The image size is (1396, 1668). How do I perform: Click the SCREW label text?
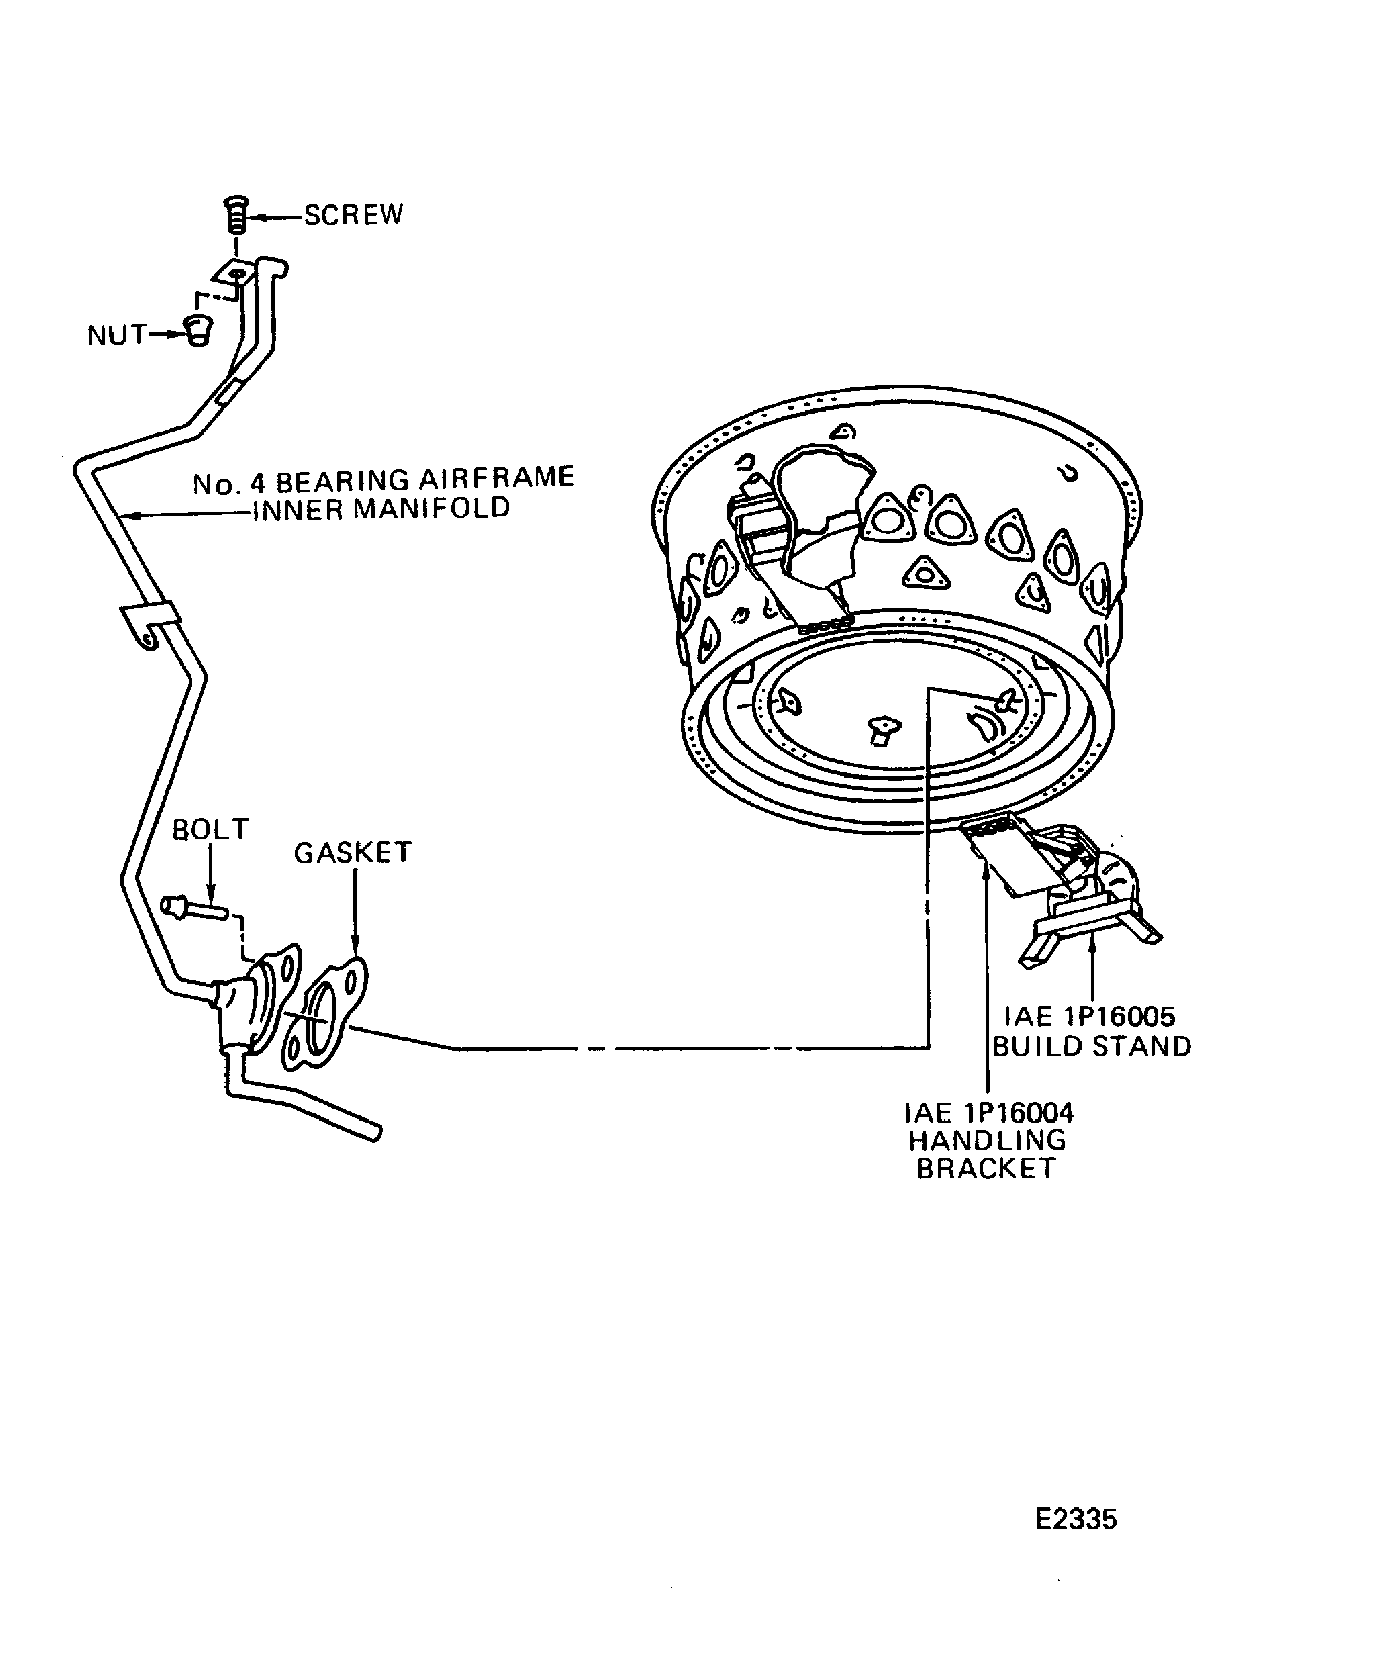pyautogui.click(x=353, y=215)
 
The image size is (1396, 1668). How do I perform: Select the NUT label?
pyautogui.click(x=117, y=335)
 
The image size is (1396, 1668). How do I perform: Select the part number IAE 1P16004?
pyautogui.click(x=988, y=1112)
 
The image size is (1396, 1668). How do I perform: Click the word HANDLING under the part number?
pyautogui.click(x=987, y=1140)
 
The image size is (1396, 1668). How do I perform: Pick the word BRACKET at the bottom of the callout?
pyautogui.click(x=986, y=1169)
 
